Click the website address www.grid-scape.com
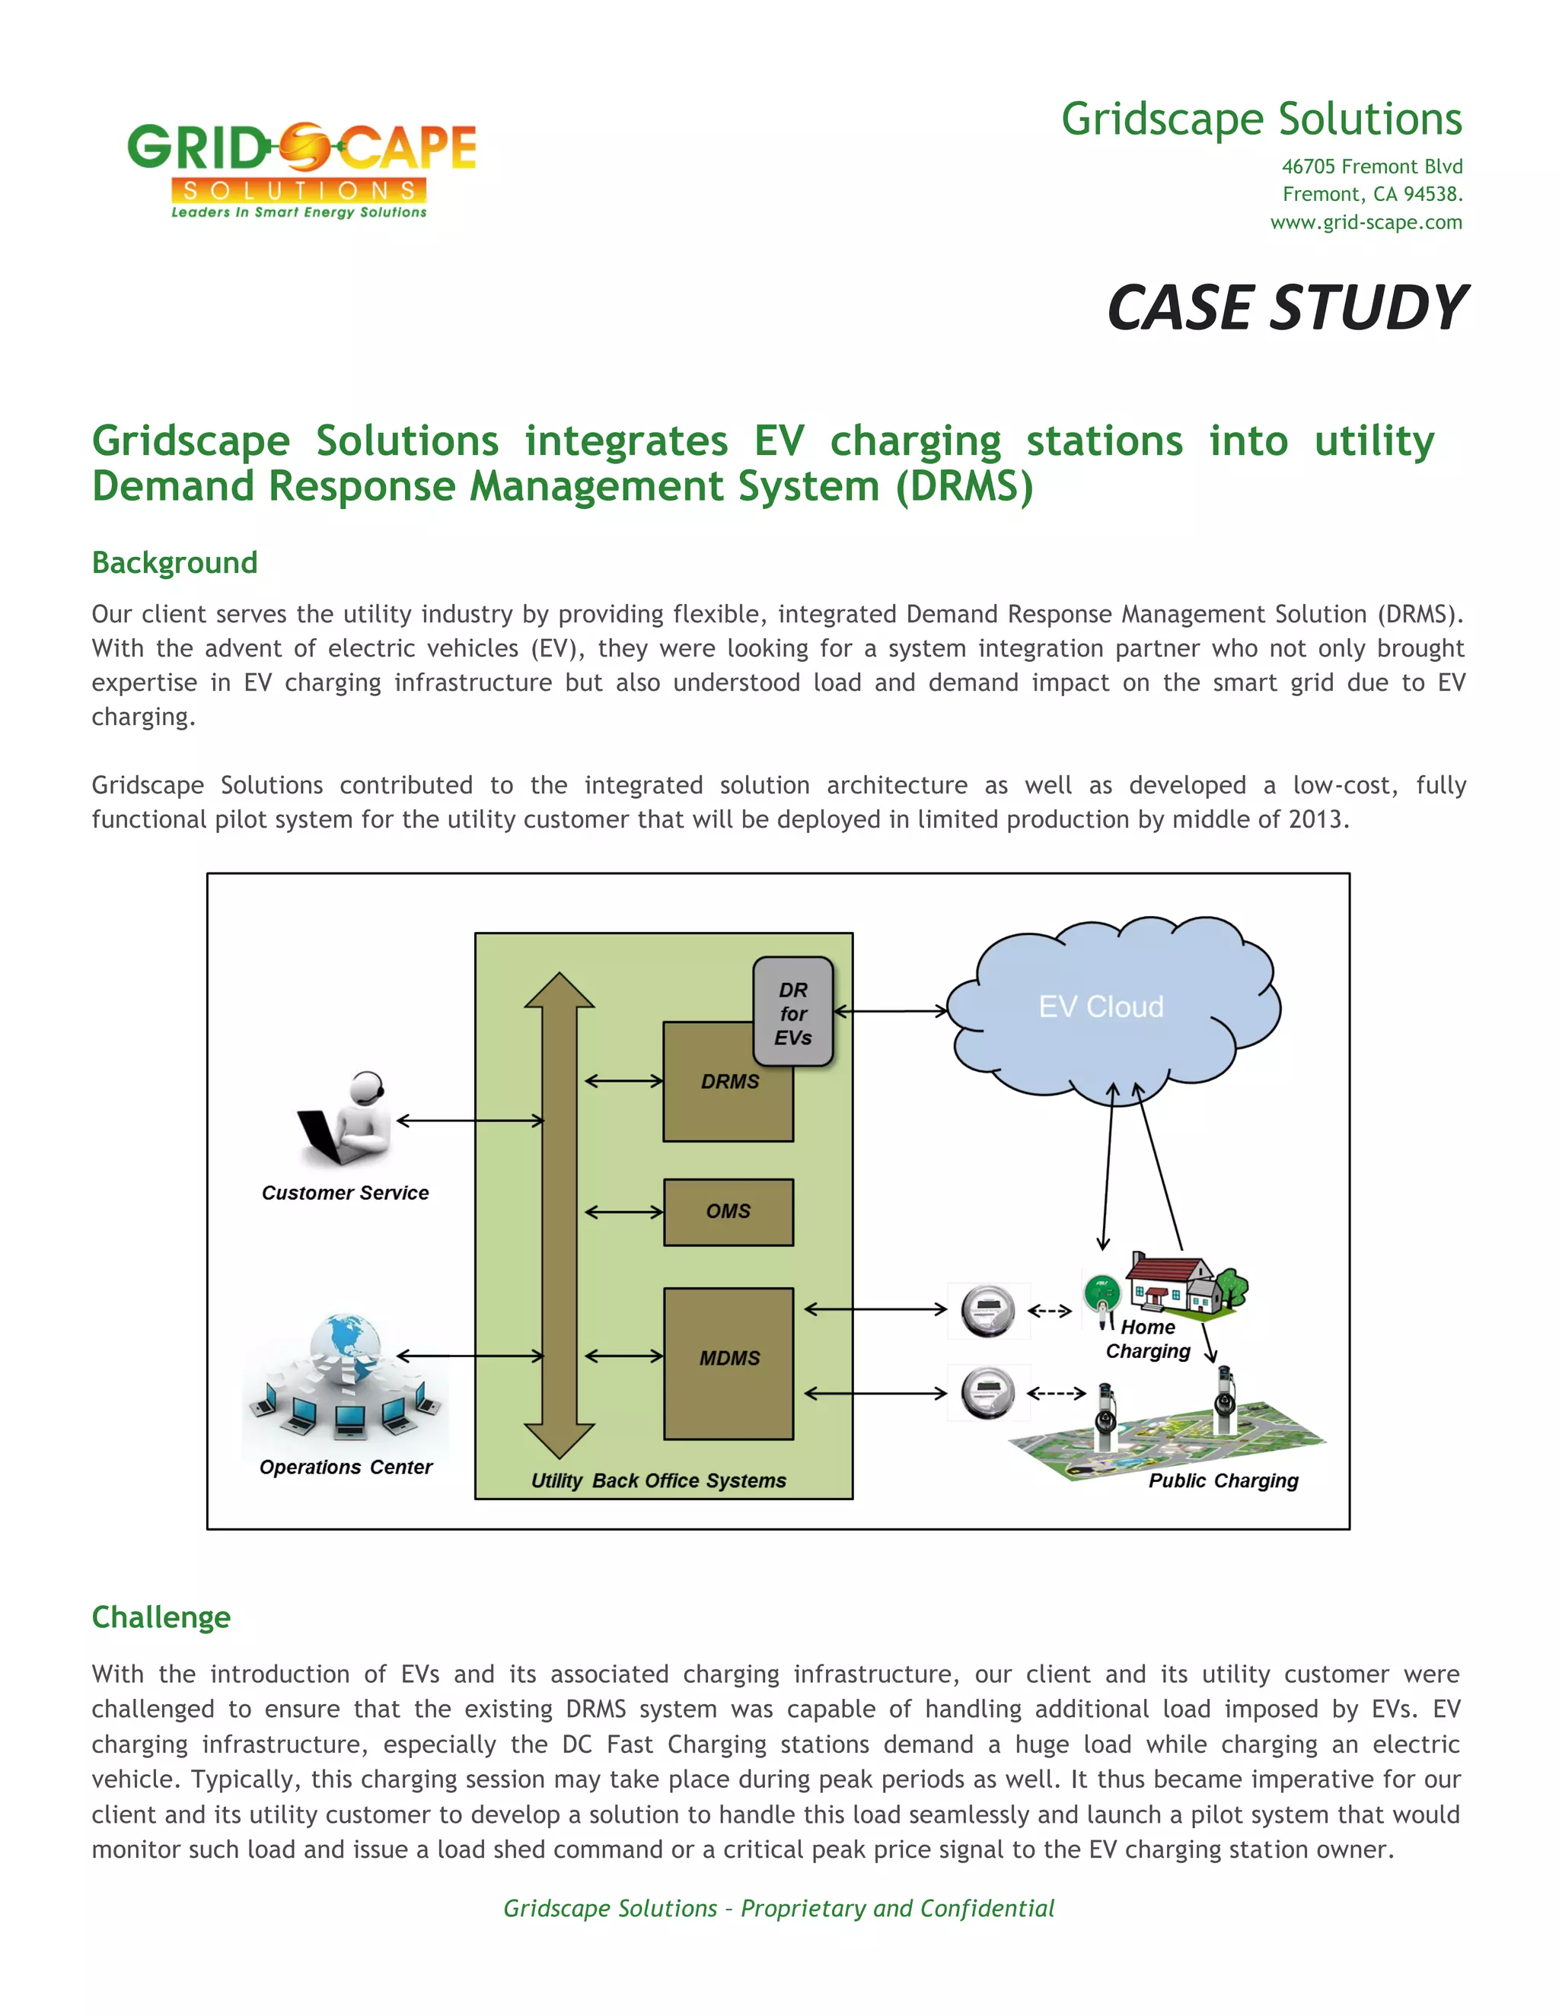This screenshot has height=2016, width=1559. pos(1365,222)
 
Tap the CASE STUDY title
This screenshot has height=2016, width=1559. pos(1286,307)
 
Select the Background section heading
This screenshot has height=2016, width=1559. pos(174,562)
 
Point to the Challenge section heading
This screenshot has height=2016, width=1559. pos(161,1617)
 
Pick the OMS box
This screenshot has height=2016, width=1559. pos(728,1211)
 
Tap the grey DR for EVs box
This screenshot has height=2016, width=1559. pos(793,1013)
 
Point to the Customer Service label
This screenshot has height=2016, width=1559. pos(346,1193)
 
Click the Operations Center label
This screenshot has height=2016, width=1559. pos(346,1467)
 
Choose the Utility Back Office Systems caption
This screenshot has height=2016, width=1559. pos(658,1480)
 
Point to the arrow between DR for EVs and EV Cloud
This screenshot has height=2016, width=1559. pos(891,1011)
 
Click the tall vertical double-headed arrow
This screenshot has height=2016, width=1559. pos(559,1215)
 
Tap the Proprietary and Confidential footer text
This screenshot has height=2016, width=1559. pos(779,1908)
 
